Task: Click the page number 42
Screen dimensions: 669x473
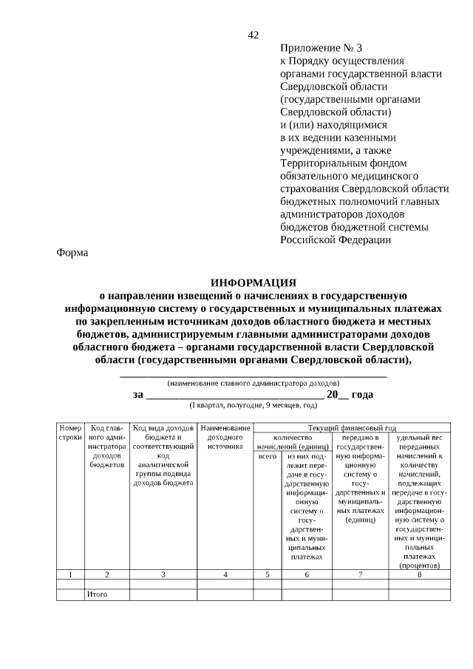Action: coord(253,35)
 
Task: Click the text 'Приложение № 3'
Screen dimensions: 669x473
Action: coord(321,48)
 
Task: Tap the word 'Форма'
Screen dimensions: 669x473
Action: coord(72,253)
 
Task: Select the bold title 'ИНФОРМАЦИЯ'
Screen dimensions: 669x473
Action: coord(253,282)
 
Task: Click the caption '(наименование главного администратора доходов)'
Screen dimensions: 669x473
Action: coord(253,384)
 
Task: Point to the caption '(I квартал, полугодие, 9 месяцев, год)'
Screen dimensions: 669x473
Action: coord(253,406)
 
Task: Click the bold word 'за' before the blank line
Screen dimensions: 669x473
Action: coord(138,395)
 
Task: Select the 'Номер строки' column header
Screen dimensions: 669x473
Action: coord(70,433)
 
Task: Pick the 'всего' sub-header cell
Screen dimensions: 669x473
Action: coord(267,457)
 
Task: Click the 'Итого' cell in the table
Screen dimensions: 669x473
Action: coord(98,594)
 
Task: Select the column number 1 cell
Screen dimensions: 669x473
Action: coord(70,574)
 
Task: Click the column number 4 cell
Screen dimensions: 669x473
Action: coord(225,574)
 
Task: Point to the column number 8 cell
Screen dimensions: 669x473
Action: coord(419,574)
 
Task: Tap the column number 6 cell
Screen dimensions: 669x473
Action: coord(307,574)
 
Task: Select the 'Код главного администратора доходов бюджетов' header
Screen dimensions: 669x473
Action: coord(107,447)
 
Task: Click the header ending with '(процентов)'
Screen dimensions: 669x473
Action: coord(419,503)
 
